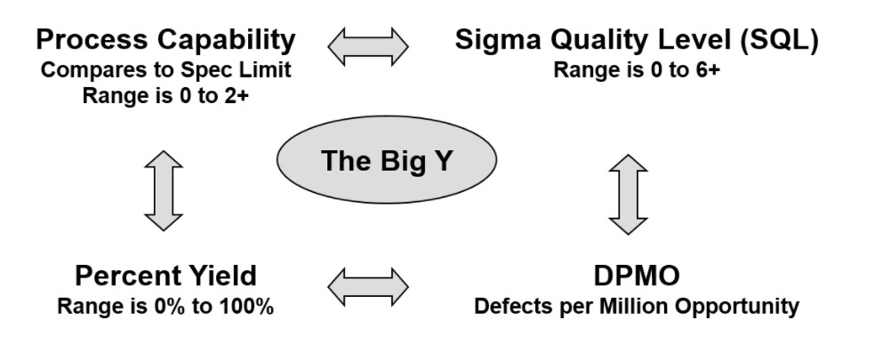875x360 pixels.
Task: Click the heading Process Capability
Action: click(165, 40)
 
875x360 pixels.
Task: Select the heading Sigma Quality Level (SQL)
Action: click(636, 40)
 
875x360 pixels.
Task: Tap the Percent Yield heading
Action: click(165, 276)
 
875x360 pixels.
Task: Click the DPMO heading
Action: click(636, 276)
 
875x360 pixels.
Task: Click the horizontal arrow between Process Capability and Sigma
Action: click(368, 43)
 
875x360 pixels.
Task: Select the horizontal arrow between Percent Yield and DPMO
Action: click(368, 285)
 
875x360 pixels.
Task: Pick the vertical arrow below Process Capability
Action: click(164, 190)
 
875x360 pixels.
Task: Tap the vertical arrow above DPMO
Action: click(628, 194)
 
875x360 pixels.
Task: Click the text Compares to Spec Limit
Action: click(165, 70)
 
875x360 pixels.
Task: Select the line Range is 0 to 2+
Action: click(165, 95)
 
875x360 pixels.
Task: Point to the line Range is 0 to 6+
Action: click(636, 70)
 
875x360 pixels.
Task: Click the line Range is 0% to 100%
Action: click(165, 307)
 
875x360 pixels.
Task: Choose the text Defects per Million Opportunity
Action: click(636, 307)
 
